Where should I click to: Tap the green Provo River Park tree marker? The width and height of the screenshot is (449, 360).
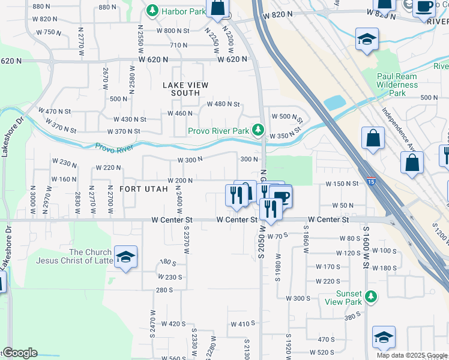(x=258, y=129)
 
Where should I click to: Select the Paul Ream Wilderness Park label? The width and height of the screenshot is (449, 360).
(x=397, y=85)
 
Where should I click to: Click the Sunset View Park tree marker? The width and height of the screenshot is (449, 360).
(x=372, y=296)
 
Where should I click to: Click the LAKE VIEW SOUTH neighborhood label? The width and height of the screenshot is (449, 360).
(x=185, y=89)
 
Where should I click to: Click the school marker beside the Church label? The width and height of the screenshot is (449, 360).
(x=125, y=257)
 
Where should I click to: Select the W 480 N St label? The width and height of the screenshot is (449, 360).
(x=223, y=104)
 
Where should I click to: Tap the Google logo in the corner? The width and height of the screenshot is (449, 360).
(x=20, y=353)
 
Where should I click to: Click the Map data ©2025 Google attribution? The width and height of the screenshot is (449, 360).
(x=411, y=355)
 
